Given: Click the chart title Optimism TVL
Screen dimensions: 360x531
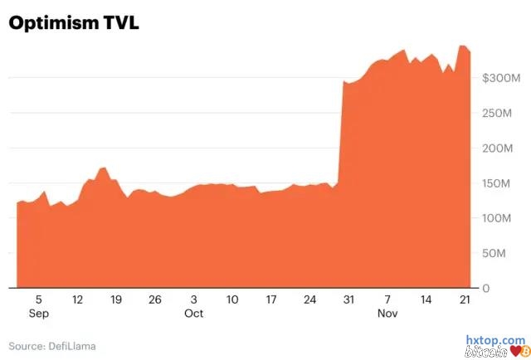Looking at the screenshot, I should pos(73,23).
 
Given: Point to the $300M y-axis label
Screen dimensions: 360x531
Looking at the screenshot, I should pos(502,78).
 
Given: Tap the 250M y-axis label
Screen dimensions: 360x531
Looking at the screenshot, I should pos(505,113).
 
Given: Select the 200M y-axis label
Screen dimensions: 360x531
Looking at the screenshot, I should pos(505,148).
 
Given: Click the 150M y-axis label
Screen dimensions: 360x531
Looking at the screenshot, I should pos(505,182).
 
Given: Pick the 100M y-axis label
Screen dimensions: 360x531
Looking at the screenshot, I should pos(505,217).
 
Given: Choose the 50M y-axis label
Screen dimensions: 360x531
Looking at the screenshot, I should pos(502,253).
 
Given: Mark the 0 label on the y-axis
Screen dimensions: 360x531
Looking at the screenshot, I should pos(485,288).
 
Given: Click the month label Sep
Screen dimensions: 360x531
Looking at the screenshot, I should pos(38,314).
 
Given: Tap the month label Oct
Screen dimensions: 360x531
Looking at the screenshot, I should pos(193,314).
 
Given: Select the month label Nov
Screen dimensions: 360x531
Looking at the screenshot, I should pos(387,314).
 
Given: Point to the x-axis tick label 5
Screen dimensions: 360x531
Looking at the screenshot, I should pos(38,299).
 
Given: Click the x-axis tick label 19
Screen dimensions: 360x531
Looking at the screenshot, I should pos(115,299).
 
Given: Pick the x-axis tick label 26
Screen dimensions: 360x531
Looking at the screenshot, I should pos(154,299).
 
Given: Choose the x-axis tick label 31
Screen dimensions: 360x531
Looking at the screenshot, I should pos(348,299).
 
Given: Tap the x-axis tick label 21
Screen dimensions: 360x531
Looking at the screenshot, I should pos(465,299).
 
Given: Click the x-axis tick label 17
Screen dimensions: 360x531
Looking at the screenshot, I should pos(270,299).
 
